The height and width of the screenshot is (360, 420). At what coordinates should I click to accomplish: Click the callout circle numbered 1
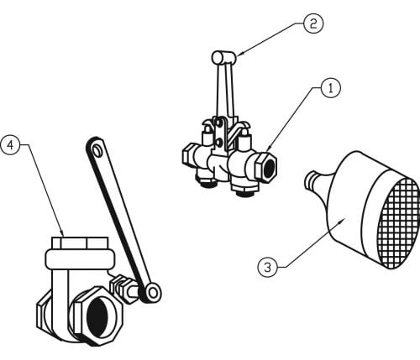[331, 89]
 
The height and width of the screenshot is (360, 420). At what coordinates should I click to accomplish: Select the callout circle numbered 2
[313, 23]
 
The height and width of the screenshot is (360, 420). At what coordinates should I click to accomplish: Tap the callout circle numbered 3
[268, 268]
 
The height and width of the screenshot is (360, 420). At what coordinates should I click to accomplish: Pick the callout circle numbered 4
[10, 145]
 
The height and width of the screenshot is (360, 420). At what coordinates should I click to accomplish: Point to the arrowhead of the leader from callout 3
[341, 221]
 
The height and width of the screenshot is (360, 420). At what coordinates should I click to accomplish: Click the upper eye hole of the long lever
[97, 149]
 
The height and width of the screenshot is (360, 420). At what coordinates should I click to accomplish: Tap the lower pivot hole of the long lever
[153, 293]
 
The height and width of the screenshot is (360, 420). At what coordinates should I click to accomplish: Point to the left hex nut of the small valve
[188, 155]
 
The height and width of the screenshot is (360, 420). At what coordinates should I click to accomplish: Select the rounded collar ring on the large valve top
[80, 258]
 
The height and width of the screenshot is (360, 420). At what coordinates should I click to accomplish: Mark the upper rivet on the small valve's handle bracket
[220, 122]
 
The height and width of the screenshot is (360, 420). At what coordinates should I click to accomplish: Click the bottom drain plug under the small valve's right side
[244, 193]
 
